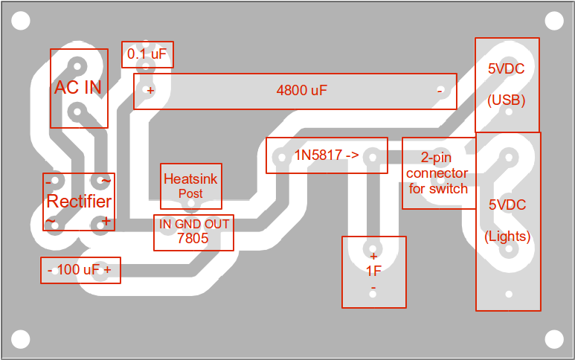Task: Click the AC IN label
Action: [78, 88]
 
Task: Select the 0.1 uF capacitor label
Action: [147, 54]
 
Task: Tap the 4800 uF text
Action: [301, 91]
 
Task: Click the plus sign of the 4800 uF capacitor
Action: [150, 91]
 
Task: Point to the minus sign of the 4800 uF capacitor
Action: [440, 91]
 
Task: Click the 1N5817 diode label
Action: [326, 156]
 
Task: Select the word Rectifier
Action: [79, 202]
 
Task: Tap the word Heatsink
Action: [190, 179]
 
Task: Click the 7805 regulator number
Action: [193, 239]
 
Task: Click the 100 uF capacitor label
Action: [79, 270]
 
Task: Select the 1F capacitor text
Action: [373, 271]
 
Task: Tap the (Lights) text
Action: [507, 237]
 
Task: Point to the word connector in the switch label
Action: [438, 173]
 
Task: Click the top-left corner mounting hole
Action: [20, 20]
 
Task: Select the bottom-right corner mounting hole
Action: [554, 339]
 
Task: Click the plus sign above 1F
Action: [373, 256]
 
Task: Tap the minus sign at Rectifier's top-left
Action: [49, 181]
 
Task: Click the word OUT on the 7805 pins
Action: [217, 224]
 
